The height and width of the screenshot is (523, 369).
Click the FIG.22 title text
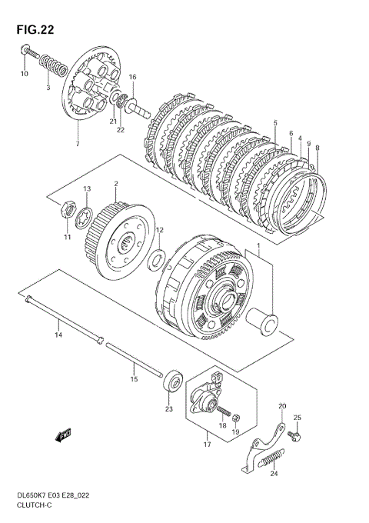[35, 30]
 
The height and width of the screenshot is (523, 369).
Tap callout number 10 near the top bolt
[25, 74]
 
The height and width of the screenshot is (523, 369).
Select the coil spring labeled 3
[53, 65]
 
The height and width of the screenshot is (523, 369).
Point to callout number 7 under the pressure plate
[78, 144]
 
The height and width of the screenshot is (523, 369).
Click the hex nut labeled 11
[68, 209]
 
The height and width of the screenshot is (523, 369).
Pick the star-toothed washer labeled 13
[84, 218]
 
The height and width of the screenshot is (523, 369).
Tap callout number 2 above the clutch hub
[116, 184]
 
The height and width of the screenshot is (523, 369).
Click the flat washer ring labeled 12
[157, 260]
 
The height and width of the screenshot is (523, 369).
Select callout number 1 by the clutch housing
[258, 245]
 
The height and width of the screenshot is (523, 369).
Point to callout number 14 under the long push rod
[58, 335]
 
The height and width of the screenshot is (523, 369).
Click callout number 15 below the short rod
[134, 379]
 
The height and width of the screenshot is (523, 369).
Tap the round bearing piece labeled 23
[173, 381]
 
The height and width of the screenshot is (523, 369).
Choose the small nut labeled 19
[236, 417]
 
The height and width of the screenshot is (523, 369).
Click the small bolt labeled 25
[294, 436]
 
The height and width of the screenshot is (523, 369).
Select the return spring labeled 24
[272, 458]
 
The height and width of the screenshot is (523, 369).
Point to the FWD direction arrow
[63, 435]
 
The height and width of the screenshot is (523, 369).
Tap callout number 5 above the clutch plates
[275, 123]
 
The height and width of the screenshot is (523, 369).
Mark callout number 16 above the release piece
[133, 77]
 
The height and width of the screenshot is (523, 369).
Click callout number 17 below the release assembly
[207, 445]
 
